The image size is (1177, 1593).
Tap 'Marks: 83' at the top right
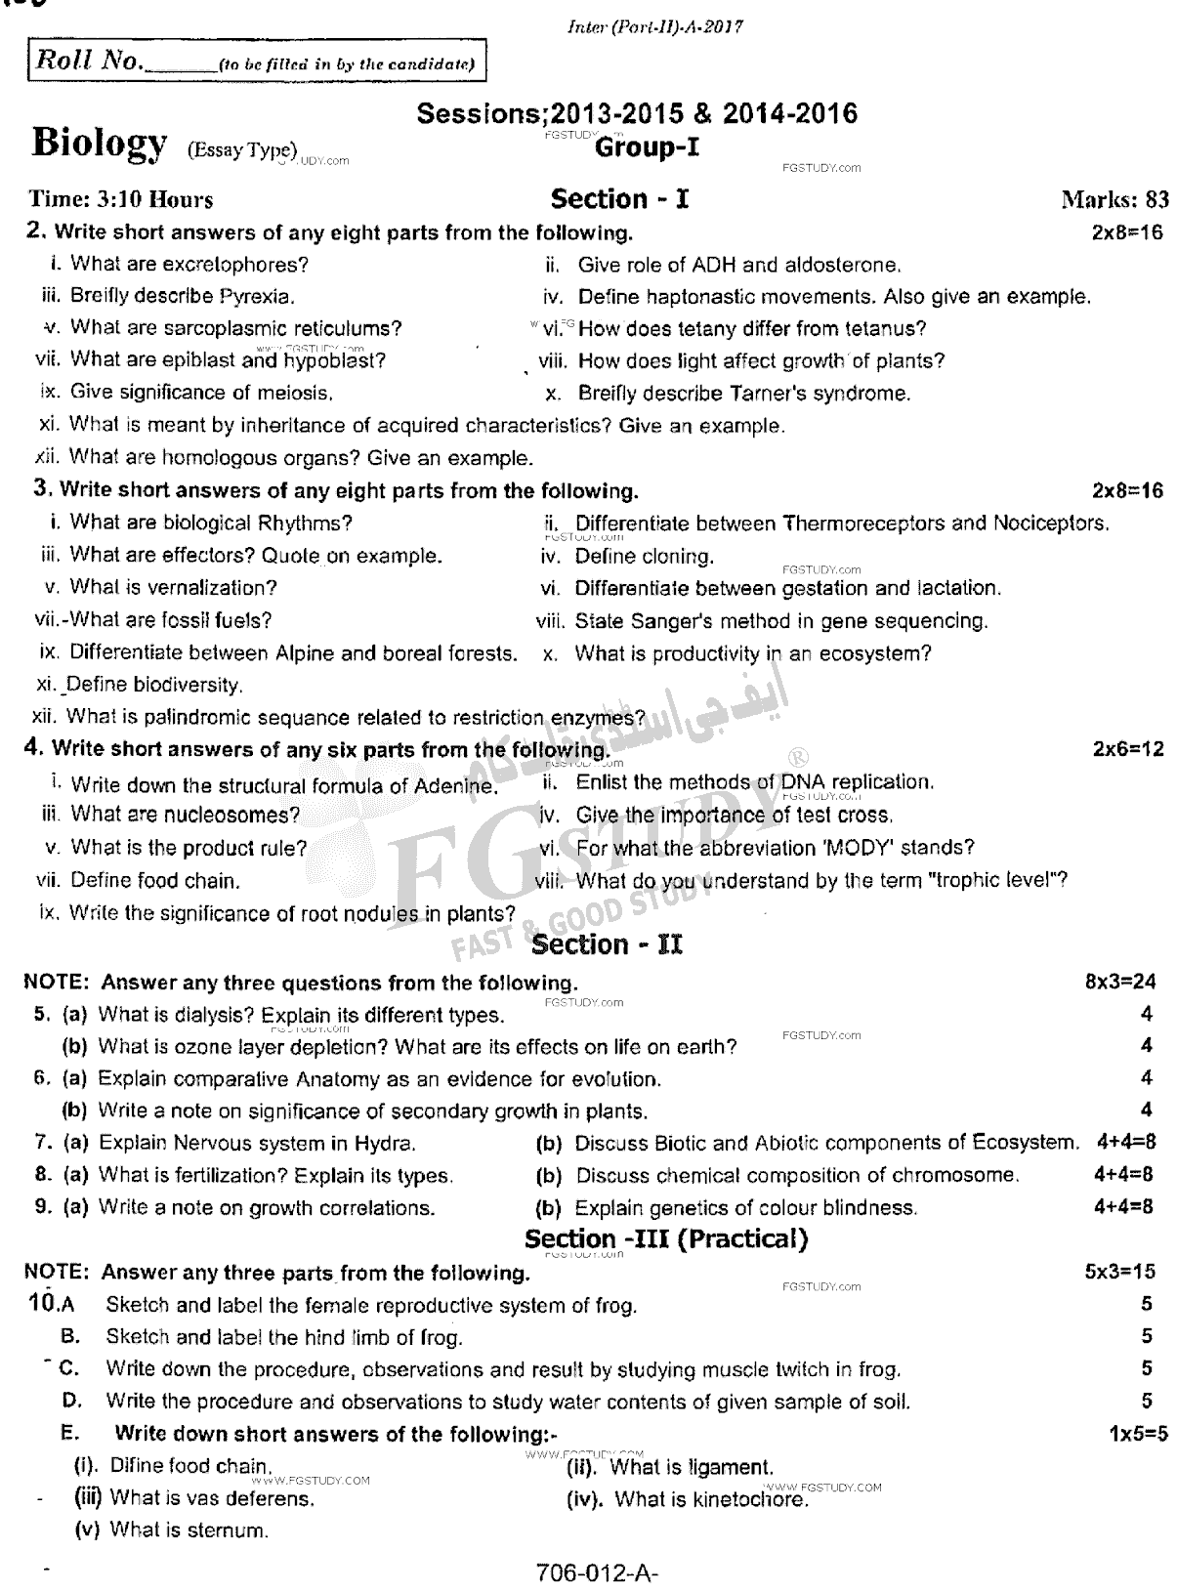click(1114, 200)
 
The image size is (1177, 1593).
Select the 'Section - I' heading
click(620, 199)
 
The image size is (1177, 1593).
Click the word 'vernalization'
click(214, 588)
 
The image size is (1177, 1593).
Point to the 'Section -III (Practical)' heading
click(667, 1239)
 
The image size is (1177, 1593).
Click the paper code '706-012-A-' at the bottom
click(592, 1573)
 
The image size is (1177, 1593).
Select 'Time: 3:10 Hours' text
click(121, 200)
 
